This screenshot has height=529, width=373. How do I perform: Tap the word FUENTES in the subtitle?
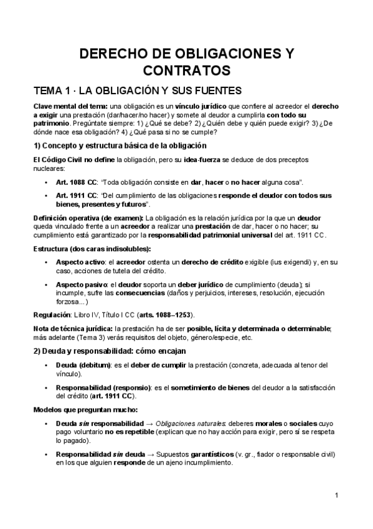(197, 90)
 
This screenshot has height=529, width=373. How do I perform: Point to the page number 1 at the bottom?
(336, 496)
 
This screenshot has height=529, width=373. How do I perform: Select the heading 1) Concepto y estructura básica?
(120, 145)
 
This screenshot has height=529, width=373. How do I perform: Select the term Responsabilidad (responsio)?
(103, 388)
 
